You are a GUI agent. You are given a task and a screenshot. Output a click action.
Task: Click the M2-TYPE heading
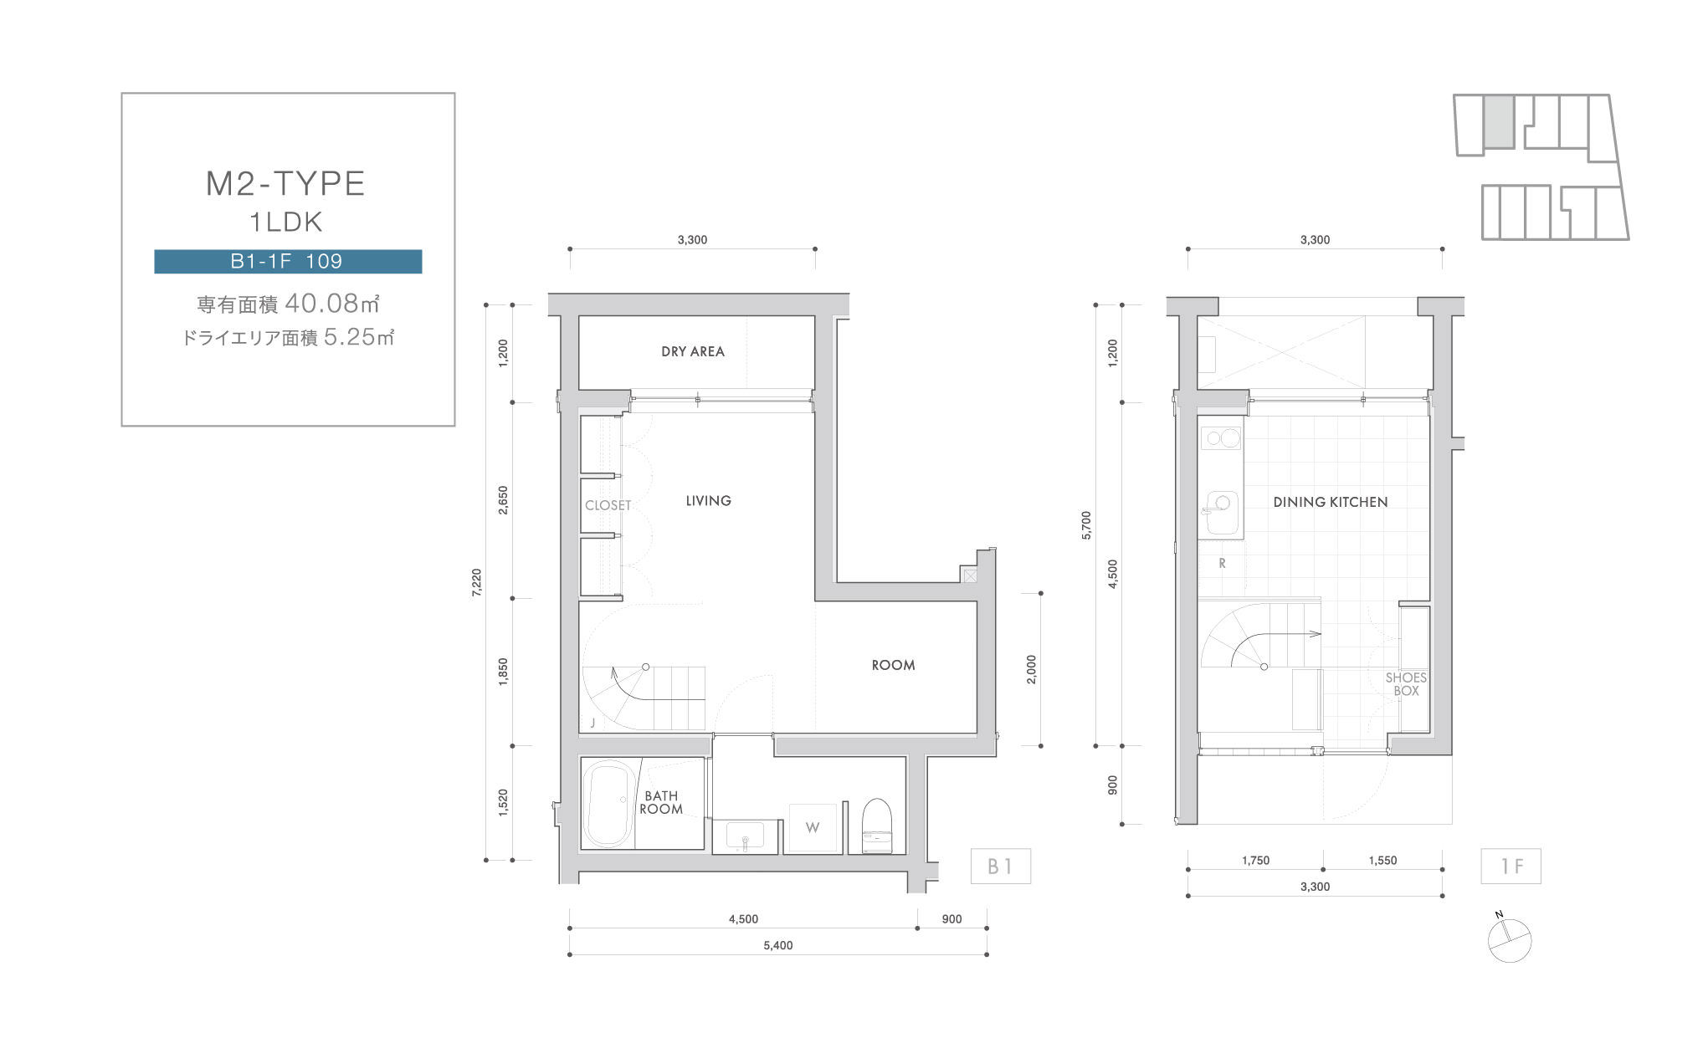[285, 184]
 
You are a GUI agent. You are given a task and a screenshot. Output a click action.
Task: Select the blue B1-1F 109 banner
[288, 261]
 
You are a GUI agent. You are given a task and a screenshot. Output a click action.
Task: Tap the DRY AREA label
[693, 351]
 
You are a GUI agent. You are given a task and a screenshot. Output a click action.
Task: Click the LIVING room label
[709, 500]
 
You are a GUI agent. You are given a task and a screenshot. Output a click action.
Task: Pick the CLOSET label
[608, 505]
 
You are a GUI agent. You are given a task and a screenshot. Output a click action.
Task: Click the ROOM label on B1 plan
[893, 665]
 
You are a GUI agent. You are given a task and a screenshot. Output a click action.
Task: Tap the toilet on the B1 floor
[877, 825]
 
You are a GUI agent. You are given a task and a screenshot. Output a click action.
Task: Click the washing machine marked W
[813, 828]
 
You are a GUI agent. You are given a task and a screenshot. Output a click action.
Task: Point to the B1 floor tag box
[1000, 867]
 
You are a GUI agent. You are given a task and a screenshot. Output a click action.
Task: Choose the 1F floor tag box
[1511, 867]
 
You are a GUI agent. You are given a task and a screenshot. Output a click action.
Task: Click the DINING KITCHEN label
[1331, 502]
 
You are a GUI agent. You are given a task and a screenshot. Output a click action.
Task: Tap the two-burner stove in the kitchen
[1221, 437]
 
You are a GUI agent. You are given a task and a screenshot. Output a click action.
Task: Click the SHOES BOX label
[1406, 684]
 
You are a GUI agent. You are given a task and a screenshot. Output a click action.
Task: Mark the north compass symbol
[1509, 939]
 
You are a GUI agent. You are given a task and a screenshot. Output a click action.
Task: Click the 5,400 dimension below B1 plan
[778, 945]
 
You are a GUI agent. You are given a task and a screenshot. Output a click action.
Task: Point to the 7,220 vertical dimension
[477, 582]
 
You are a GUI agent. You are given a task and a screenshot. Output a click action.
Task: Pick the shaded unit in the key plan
[1499, 122]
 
